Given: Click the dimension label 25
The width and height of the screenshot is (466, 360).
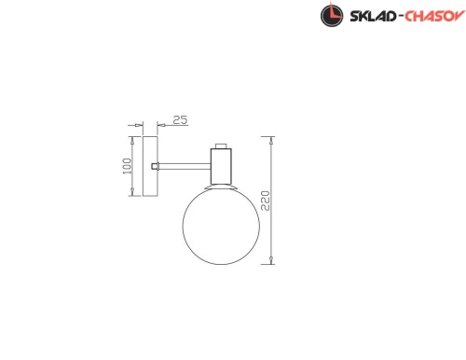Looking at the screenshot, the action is (x=181, y=120).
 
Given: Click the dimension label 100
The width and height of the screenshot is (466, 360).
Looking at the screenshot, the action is (x=127, y=166).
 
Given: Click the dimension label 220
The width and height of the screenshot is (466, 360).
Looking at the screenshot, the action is (x=266, y=201).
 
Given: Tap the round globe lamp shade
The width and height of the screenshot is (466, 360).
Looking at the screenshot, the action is (x=221, y=226).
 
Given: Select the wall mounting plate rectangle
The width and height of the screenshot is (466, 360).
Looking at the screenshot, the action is (x=150, y=166).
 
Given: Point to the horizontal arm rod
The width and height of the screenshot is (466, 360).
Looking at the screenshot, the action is (x=185, y=166).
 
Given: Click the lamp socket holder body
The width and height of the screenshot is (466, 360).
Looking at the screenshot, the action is (x=221, y=166).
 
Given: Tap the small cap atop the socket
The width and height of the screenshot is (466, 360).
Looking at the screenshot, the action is (x=221, y=145).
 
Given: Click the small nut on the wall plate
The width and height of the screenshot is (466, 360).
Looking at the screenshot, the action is (x=155, y=166).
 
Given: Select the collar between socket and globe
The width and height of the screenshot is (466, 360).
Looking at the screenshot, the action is (x=221, y=187).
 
